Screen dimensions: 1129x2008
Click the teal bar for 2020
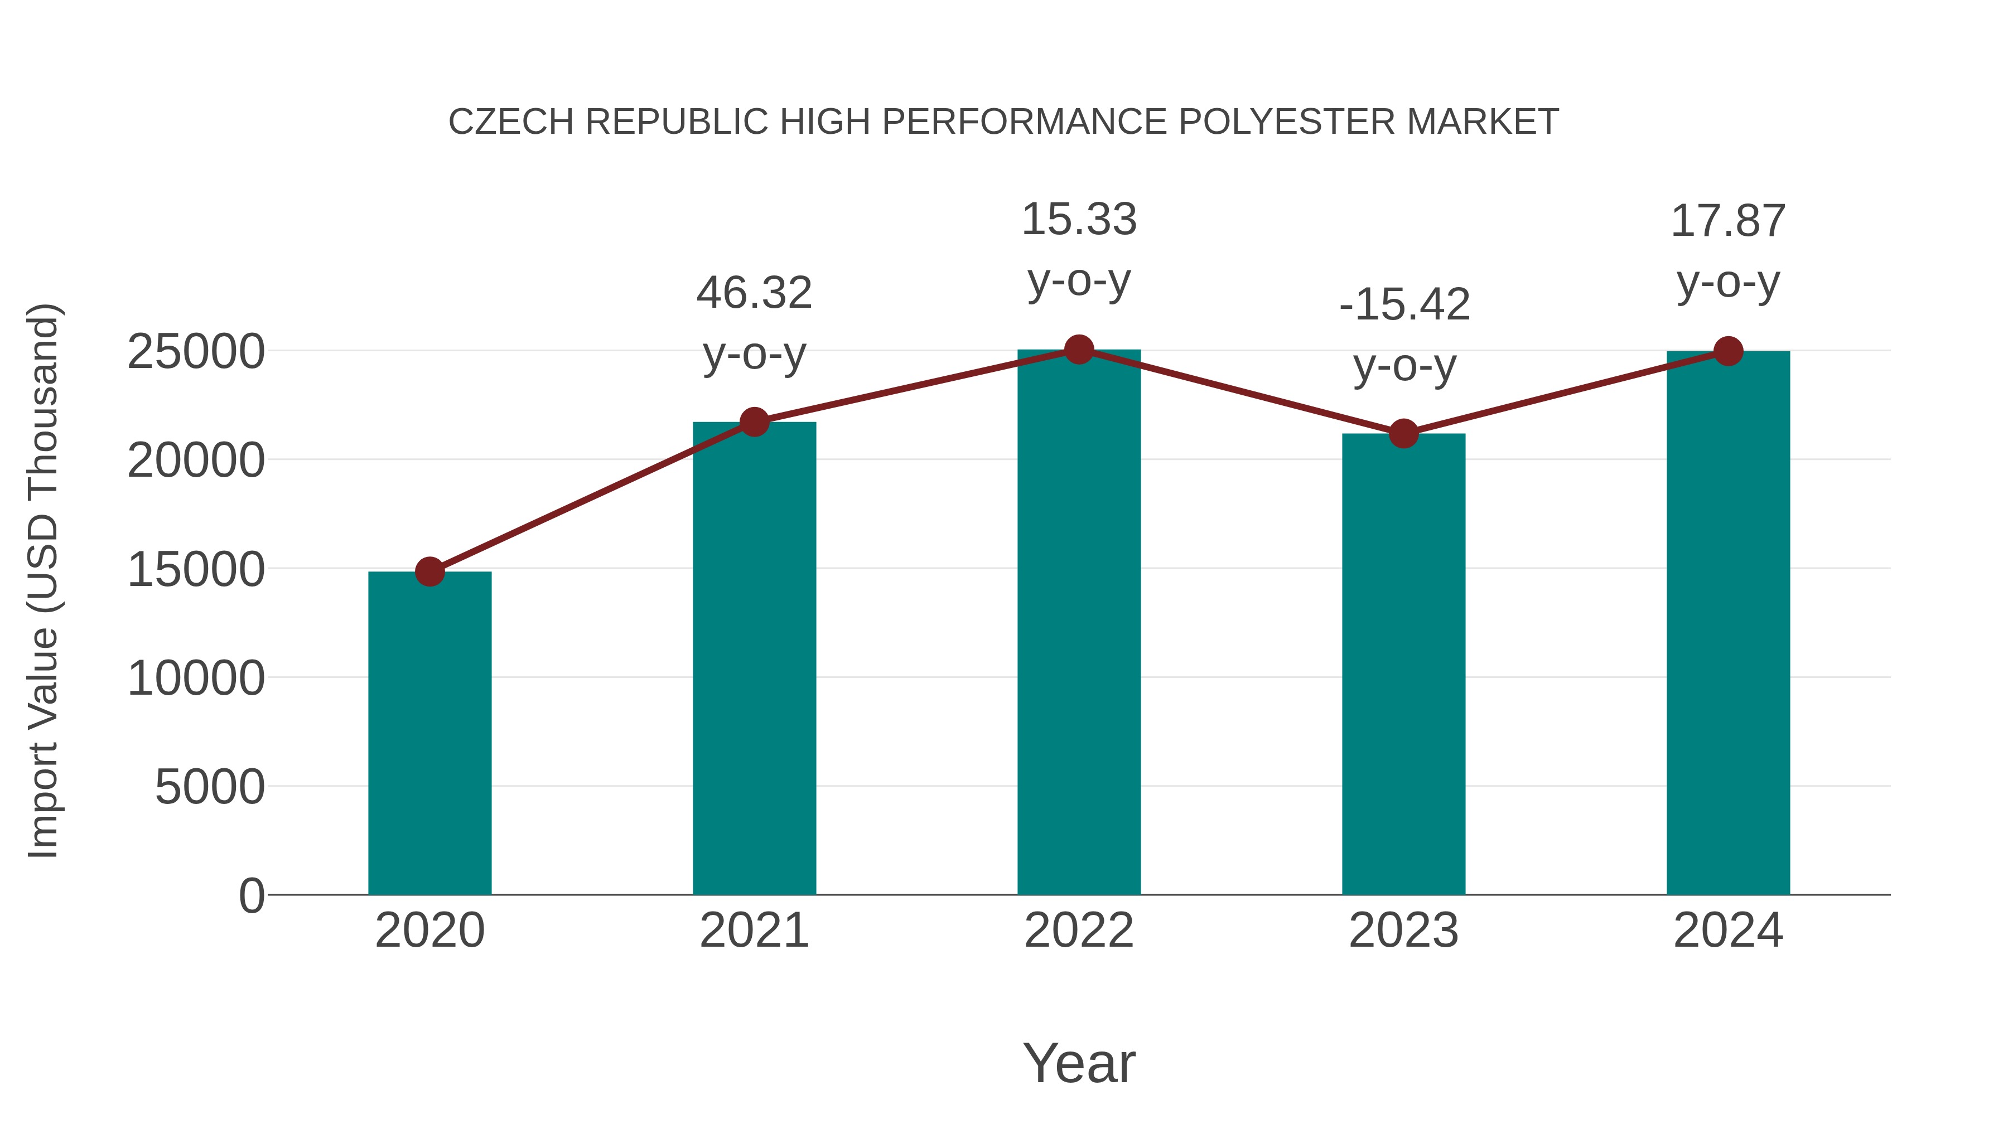pos(429,733)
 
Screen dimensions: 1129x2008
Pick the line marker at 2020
pos(429,572)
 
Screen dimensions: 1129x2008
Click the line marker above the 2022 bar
pos(1079,350)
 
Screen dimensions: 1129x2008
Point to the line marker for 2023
pos(1403,433)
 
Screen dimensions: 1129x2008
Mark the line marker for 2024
pos(1728,351)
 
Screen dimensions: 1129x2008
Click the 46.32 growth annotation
pos(754,294)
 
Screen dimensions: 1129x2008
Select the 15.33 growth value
pos(1079,220)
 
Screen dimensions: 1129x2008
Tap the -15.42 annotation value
pos(1404,304)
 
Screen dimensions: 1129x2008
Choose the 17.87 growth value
pos(1728,221)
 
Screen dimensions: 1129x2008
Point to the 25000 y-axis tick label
pos(196,352)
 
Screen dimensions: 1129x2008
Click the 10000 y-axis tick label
pos(196,679)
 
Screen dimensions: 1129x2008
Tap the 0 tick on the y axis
pos(252,896)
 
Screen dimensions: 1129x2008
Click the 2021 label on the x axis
pos(754,931)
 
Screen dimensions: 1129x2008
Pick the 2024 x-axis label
pos(1728,931)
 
